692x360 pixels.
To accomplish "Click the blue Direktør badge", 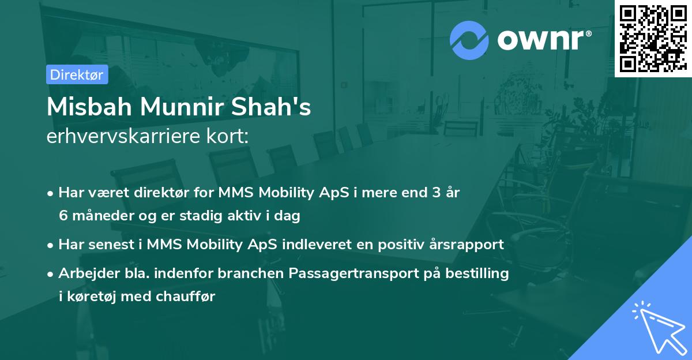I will [77, 74].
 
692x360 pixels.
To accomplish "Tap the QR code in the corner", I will [653, 38].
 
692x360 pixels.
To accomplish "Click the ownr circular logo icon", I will [469, 40].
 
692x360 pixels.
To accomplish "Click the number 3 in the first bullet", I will [428, 193].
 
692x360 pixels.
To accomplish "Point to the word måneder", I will [101, 216].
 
